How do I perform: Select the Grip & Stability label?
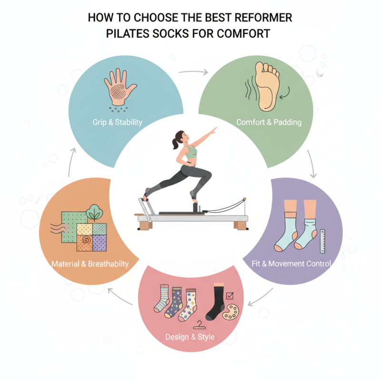click(117, 122)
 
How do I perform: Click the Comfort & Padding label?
click(269, 122)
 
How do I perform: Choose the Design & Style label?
click(190, 337)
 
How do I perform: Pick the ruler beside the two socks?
click(323, 241)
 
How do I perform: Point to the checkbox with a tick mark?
click(230, 296)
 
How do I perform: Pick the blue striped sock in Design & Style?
click(161, 300)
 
